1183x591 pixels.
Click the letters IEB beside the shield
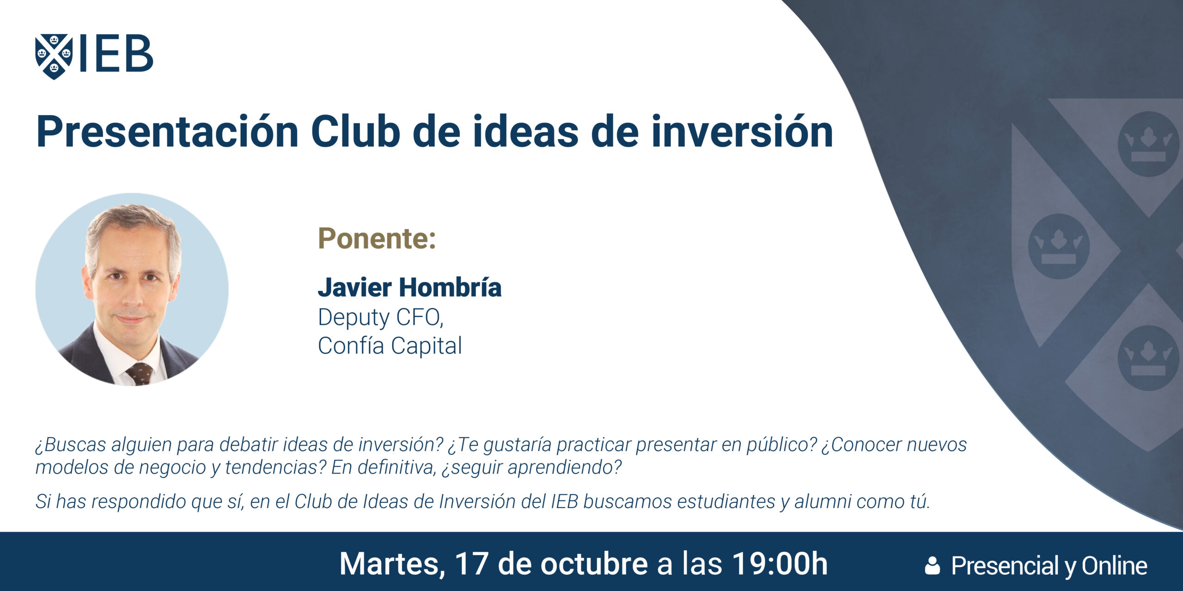coord(116,54)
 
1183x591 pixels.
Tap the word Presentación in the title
coord(167,133)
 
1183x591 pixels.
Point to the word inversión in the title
coord(742,132)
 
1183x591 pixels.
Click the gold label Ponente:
coord(377,239)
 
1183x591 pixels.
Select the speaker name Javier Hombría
coord(409,287)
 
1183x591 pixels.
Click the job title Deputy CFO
coord(380,318)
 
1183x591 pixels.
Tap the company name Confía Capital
coord(390,345)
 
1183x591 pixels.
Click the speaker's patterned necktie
coord(140,374)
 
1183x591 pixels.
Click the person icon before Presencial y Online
coord(933,566)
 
